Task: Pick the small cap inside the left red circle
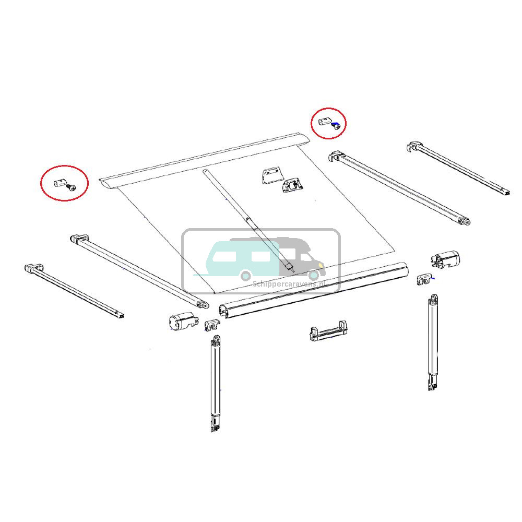click(x=59, y=182)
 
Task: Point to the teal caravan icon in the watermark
click(x=238, y=258)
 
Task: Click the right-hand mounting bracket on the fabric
click(x=293, y=185)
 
